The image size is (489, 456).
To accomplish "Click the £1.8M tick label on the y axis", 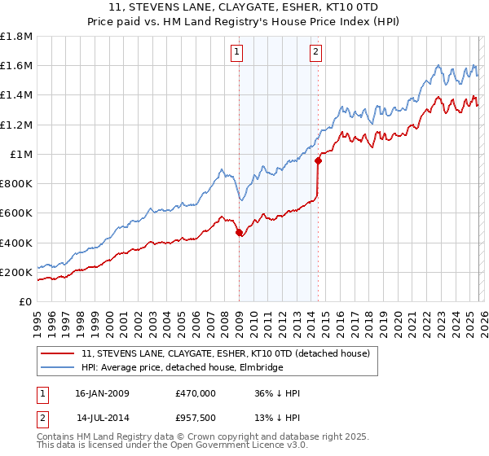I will click(17, 37).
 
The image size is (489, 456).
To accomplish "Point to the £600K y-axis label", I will click(16, 213).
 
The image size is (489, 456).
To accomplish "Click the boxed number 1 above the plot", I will click(236, 54).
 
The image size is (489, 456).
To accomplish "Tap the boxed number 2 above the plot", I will click(315, 54).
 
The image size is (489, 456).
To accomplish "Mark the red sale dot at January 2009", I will click(239, 233).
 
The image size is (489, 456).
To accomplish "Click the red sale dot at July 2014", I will click(318, 160).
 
